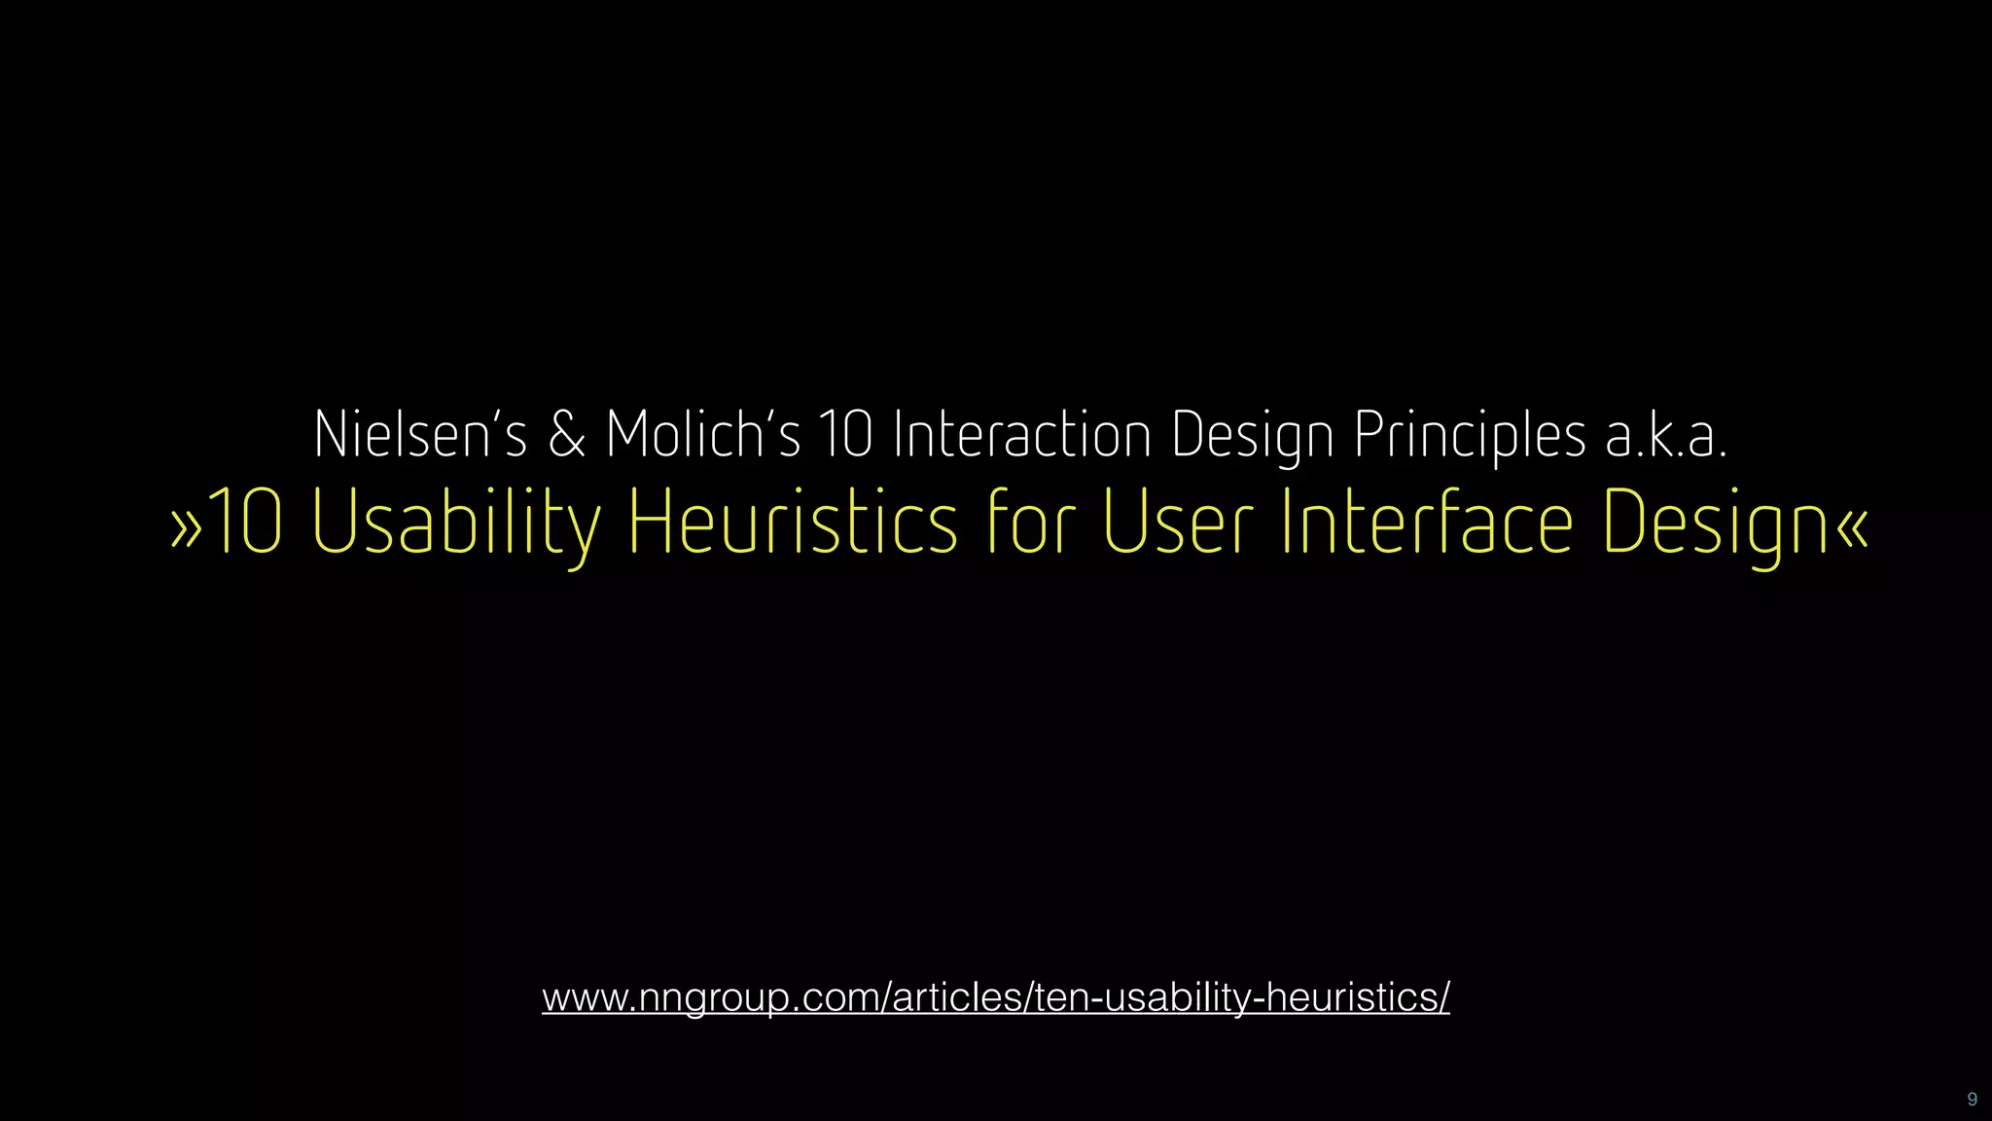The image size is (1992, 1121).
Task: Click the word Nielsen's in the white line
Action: [419, 434]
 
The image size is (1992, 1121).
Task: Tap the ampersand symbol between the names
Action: [567, 434]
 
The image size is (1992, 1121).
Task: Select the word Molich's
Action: [702, 434]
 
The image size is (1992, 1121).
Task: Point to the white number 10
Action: [845, 434]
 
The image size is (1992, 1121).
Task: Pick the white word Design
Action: [1252, 436]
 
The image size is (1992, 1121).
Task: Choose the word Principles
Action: [1470, 436]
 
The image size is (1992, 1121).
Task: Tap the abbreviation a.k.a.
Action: [1666, 436]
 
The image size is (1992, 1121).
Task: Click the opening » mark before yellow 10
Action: [187, 526]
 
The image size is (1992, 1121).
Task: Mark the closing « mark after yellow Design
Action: [1853, 526]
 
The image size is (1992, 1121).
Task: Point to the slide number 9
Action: [1972, 1100]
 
